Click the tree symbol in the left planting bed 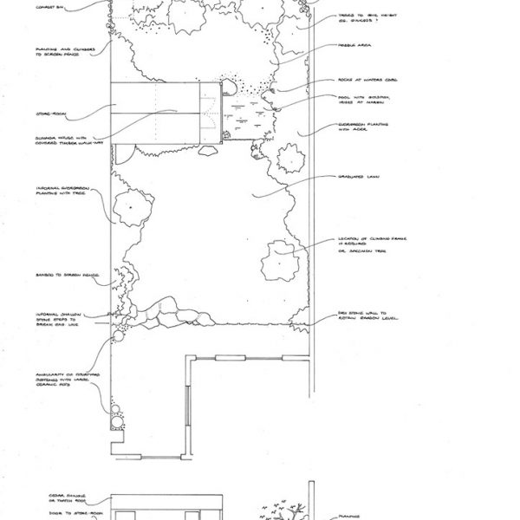click(129, 208)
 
